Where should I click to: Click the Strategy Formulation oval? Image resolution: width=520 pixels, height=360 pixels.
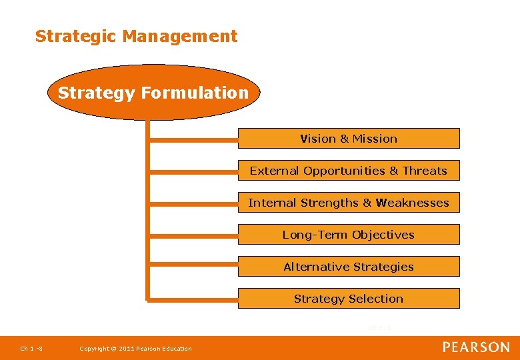(x=153, y=93)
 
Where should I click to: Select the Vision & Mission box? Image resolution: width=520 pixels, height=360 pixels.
(x=349, y=139)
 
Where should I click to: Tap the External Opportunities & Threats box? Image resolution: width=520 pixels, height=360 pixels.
(x=349, y=171)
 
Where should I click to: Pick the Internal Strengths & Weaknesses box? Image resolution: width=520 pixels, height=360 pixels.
(x=349, y=203)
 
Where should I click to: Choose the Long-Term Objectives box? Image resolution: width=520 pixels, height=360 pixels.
(x=349, y=235)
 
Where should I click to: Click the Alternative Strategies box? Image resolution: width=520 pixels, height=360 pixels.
(x=349, y=267)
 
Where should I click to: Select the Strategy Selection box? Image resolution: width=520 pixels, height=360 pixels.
(x=349, y=299)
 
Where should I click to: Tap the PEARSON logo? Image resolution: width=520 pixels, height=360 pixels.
(x=476, y=347)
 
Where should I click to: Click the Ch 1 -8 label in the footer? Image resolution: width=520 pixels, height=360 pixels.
(x=31, y=348)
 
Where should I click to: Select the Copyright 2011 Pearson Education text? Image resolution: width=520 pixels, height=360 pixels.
(x=135, y=348)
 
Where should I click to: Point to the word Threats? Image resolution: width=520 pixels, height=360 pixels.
(x=425, y=171)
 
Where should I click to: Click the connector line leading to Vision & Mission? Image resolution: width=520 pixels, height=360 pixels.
(x=193, y=139)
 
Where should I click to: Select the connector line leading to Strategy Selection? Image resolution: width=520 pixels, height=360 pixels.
(x=193, y=299)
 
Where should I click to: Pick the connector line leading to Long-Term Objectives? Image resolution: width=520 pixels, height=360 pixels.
(x=193, y=235)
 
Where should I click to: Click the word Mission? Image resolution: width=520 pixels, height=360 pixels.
(x=375, y=139)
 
